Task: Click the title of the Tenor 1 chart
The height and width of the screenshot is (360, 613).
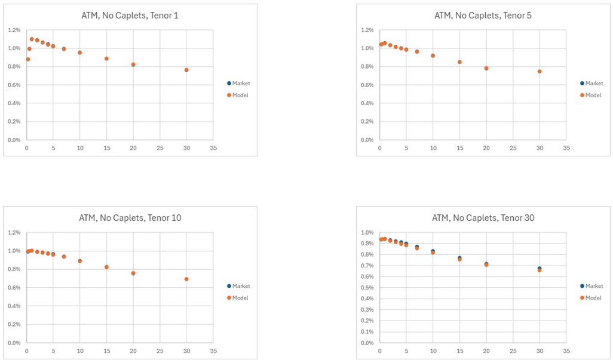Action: tap(130, 16)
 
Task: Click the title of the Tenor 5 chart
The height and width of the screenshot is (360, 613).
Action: tap(483, 16)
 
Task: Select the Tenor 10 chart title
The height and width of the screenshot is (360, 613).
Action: tap(130, 218)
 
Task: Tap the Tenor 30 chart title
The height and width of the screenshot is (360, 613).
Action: tap(483, 218)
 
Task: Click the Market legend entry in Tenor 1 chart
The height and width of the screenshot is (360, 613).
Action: tap(239, 84)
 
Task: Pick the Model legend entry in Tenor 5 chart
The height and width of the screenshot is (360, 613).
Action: tap(592, 95)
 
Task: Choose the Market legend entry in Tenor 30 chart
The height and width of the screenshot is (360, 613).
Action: tap(592, 286)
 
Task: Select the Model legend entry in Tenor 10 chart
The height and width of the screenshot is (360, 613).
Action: tap(239, 297)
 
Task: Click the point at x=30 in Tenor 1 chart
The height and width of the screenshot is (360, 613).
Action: tap(186, 70)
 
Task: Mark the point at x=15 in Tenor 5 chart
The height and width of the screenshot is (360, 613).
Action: tap(459, 62)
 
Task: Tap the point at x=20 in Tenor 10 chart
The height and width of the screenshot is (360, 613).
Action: tap(133, 273)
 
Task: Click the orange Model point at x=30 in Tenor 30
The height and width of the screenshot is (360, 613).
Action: tap(540, 270)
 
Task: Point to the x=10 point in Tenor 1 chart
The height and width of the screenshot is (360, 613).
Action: tap(79, 53)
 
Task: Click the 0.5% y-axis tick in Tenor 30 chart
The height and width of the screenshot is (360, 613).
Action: tap(366, 288)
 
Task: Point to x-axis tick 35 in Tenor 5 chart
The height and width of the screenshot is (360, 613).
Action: tap(566, 147)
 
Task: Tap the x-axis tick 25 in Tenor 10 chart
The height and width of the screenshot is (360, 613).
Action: tap(160, 350)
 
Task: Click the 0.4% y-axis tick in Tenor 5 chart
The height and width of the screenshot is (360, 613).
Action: tap(366, 103)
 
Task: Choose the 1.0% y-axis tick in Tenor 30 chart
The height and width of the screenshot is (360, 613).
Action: tap(366, 232)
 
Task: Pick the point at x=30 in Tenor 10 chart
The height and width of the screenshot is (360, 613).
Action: tap(186, 279)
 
